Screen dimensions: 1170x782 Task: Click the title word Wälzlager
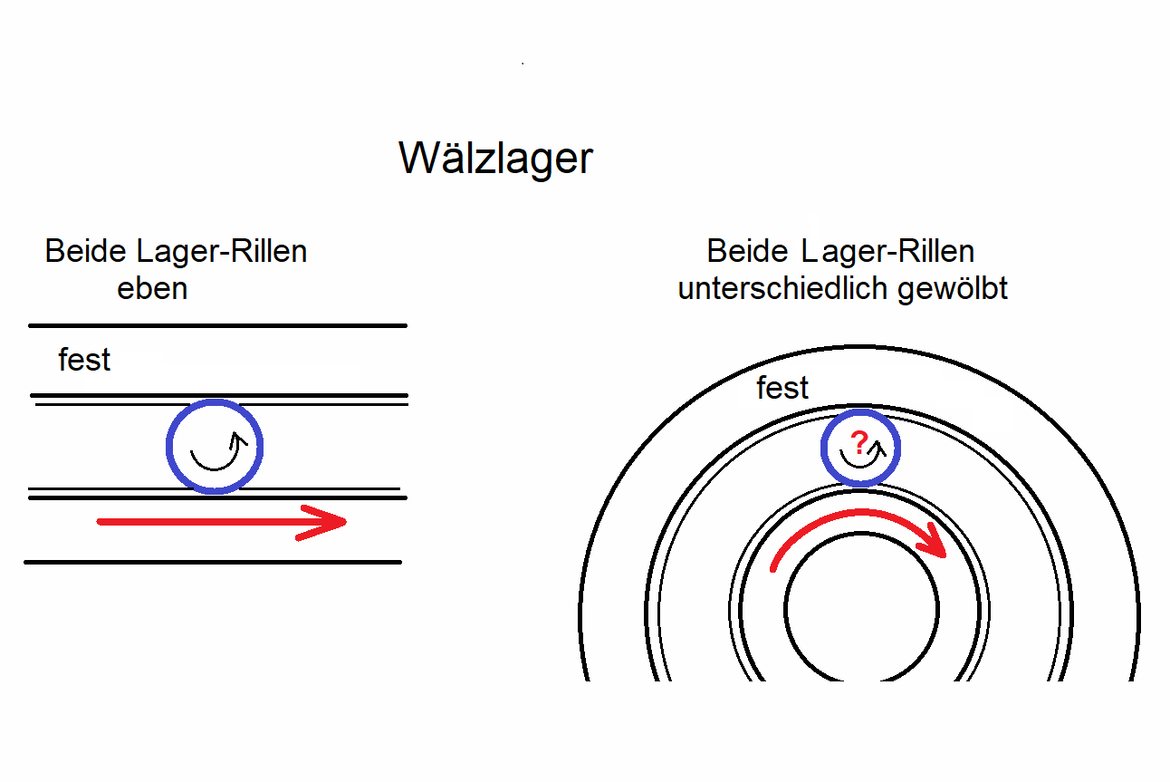(x=495, y=159)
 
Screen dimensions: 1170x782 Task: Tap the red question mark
(x=859, y=442)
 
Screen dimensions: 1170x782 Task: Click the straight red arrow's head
(x=322, y=522)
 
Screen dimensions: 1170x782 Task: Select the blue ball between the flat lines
(x=214, y=447)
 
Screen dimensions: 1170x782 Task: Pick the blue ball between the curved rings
(x=860, y=448)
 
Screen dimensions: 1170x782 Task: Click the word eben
(x=152, y=288)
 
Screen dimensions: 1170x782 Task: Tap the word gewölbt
(x=952, y=289)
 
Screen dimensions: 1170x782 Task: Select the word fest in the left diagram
(x=84, y=360)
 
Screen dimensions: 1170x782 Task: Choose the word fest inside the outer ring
(x=782, y=387)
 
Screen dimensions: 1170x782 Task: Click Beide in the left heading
(x=85, y=251)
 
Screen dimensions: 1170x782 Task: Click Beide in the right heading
(x=747, y=251)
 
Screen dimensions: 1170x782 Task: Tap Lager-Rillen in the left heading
(x=222, y=252)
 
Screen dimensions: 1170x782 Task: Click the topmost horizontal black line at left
(x=218, y=325)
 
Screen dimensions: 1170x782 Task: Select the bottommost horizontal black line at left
(x=213, y=563)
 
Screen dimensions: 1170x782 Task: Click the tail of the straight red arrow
(x=100, y=522)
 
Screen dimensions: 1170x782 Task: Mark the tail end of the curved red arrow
(x=773, y=569)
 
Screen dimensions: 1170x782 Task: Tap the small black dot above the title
(x=523, y=63)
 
